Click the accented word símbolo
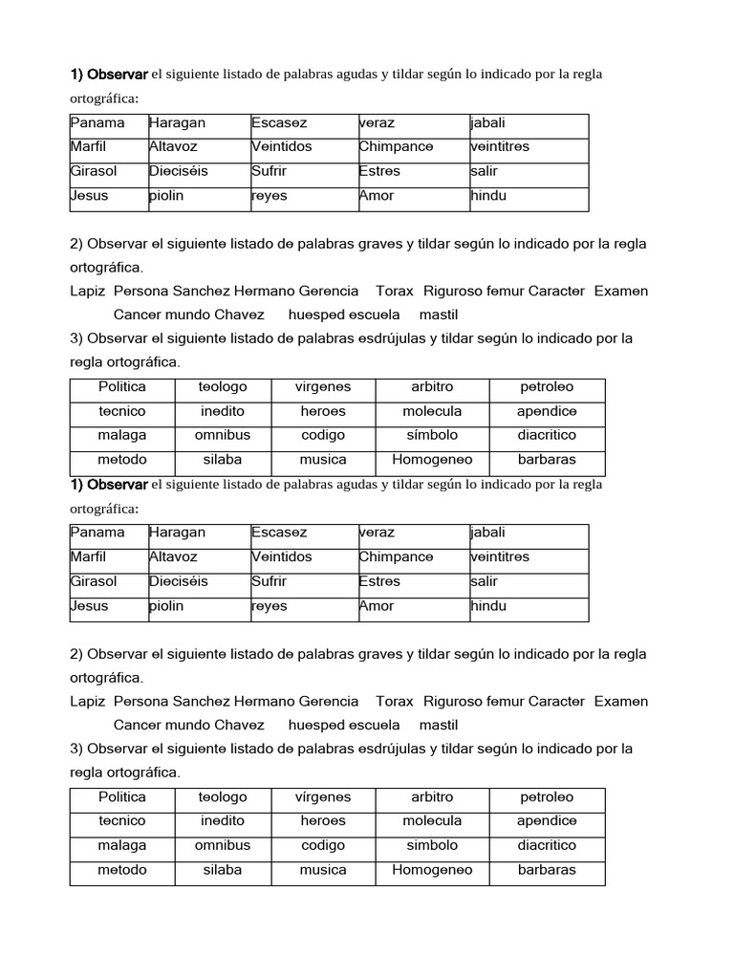432,435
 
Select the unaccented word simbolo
432,845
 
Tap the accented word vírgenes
323,796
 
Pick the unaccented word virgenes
323,387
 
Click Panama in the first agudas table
97,123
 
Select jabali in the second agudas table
487,533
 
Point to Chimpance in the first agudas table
396,147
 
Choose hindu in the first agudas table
488,196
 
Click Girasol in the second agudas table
94,581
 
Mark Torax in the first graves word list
395,291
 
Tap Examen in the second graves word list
621,701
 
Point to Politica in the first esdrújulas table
122,387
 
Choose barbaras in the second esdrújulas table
547,870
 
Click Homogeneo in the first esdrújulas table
432,459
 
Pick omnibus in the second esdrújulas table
223,845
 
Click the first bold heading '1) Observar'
109,74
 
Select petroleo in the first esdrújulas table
547,387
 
